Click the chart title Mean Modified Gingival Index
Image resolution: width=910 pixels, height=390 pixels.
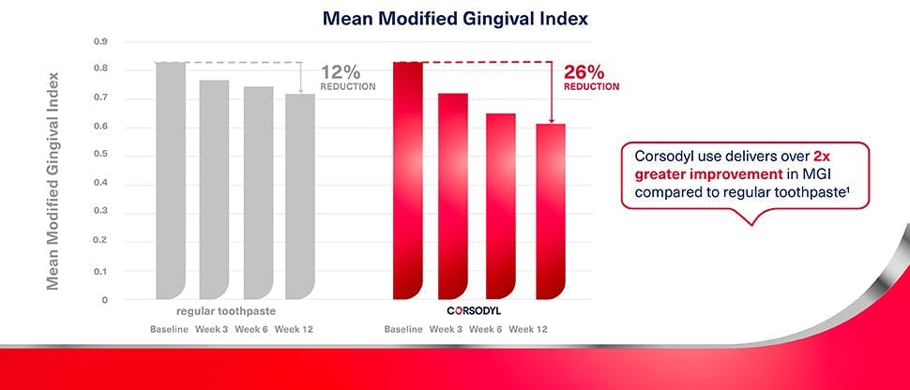pyautogui.click(x=455, y=18)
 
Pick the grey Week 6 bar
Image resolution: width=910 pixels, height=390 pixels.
pyautogui.click(x=258, y=192)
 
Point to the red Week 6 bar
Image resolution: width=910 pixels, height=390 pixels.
pyautogui.click(x=500, y=206)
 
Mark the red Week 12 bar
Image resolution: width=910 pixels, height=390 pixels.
pyautogui.click(x=550, y=211)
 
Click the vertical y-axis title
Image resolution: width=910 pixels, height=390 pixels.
pyautogui.click(x=53, y=178)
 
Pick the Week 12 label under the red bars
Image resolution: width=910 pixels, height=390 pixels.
pyautogui.click(x=527, y=329)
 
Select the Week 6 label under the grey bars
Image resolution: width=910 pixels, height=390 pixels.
pyautogui.click(x=251, y=329)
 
